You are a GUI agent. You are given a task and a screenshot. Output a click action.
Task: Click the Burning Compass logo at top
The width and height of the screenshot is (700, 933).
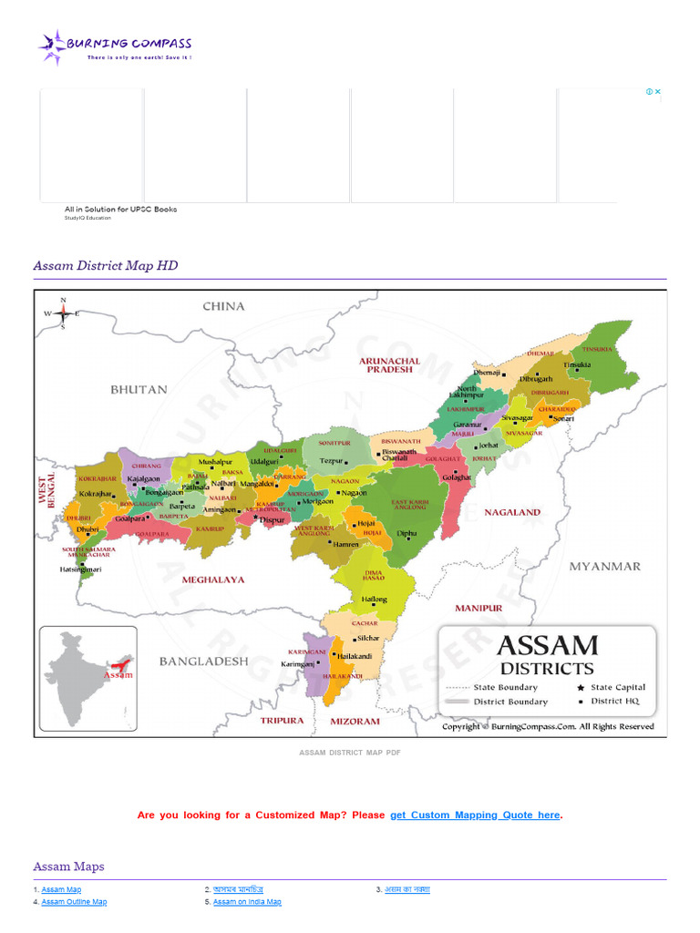115,46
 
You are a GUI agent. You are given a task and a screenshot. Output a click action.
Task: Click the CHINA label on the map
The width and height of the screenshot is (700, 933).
223,306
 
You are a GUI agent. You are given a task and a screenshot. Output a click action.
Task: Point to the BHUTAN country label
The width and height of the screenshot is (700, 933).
139,389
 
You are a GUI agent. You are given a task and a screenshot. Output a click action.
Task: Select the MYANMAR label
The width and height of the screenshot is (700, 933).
604,566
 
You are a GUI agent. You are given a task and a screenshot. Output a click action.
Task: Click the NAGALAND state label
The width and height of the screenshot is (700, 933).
511,512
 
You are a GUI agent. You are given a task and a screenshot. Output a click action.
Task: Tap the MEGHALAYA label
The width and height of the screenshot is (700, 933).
212,579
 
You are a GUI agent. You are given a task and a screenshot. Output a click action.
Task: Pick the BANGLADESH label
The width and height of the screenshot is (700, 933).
203,661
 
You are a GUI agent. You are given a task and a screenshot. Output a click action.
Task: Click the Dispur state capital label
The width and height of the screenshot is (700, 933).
273,519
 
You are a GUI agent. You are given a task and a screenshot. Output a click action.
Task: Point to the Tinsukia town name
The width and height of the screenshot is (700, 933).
576,364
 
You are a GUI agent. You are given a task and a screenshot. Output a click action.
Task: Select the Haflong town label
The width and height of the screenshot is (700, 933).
374,600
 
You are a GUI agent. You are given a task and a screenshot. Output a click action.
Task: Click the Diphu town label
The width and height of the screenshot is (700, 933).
407,533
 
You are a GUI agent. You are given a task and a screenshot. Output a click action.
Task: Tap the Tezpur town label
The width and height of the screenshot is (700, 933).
331,461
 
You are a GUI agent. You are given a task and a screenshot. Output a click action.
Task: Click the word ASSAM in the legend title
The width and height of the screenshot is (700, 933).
547,646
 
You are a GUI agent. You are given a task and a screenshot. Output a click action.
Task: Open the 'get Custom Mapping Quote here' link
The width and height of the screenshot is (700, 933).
475,815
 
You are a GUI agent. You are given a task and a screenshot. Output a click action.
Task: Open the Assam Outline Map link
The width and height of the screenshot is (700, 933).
74,902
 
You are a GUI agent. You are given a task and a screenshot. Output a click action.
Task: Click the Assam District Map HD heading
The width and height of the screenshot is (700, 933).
106,265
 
